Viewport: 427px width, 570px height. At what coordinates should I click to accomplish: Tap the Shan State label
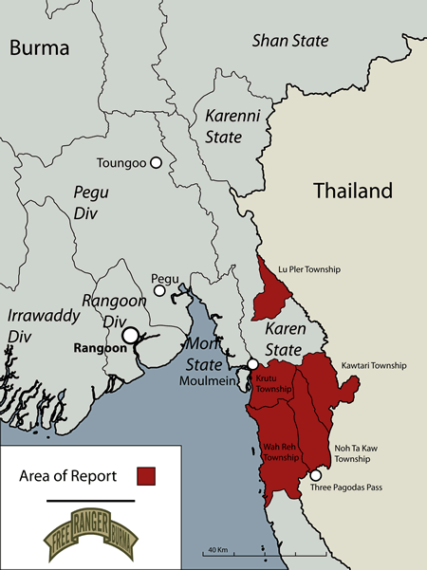point(289,40)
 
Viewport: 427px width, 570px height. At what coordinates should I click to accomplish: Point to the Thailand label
point(352,191)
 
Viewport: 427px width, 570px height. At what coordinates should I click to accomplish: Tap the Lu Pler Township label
point(307,268)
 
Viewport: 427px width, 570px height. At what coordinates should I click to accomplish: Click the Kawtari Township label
point(373,365)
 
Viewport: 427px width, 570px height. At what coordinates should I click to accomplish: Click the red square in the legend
point(146,475)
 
